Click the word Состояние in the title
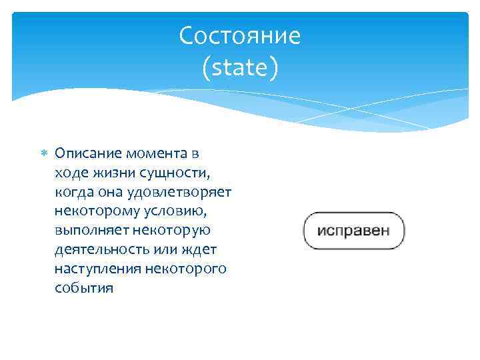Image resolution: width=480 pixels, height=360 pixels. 240,35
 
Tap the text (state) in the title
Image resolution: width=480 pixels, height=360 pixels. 240,67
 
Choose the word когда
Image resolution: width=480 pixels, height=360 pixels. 75,192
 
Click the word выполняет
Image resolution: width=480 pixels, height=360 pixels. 87,231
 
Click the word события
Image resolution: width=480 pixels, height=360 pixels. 85,289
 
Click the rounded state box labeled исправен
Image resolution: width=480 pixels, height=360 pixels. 353,231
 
